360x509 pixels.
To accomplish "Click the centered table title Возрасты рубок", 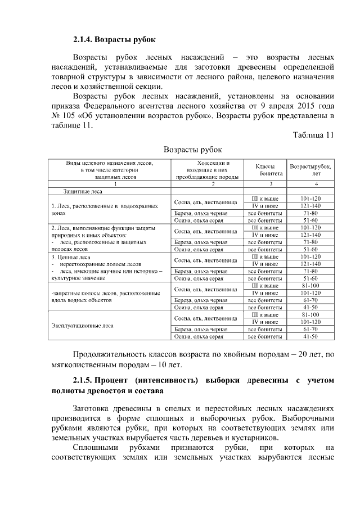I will point(192,150).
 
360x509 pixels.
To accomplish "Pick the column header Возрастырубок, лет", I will point(310,170).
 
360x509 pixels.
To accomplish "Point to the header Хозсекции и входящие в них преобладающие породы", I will point(209,170).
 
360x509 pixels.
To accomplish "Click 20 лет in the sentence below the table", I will point(304,355).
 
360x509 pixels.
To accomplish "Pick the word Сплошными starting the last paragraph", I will point(96,448).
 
